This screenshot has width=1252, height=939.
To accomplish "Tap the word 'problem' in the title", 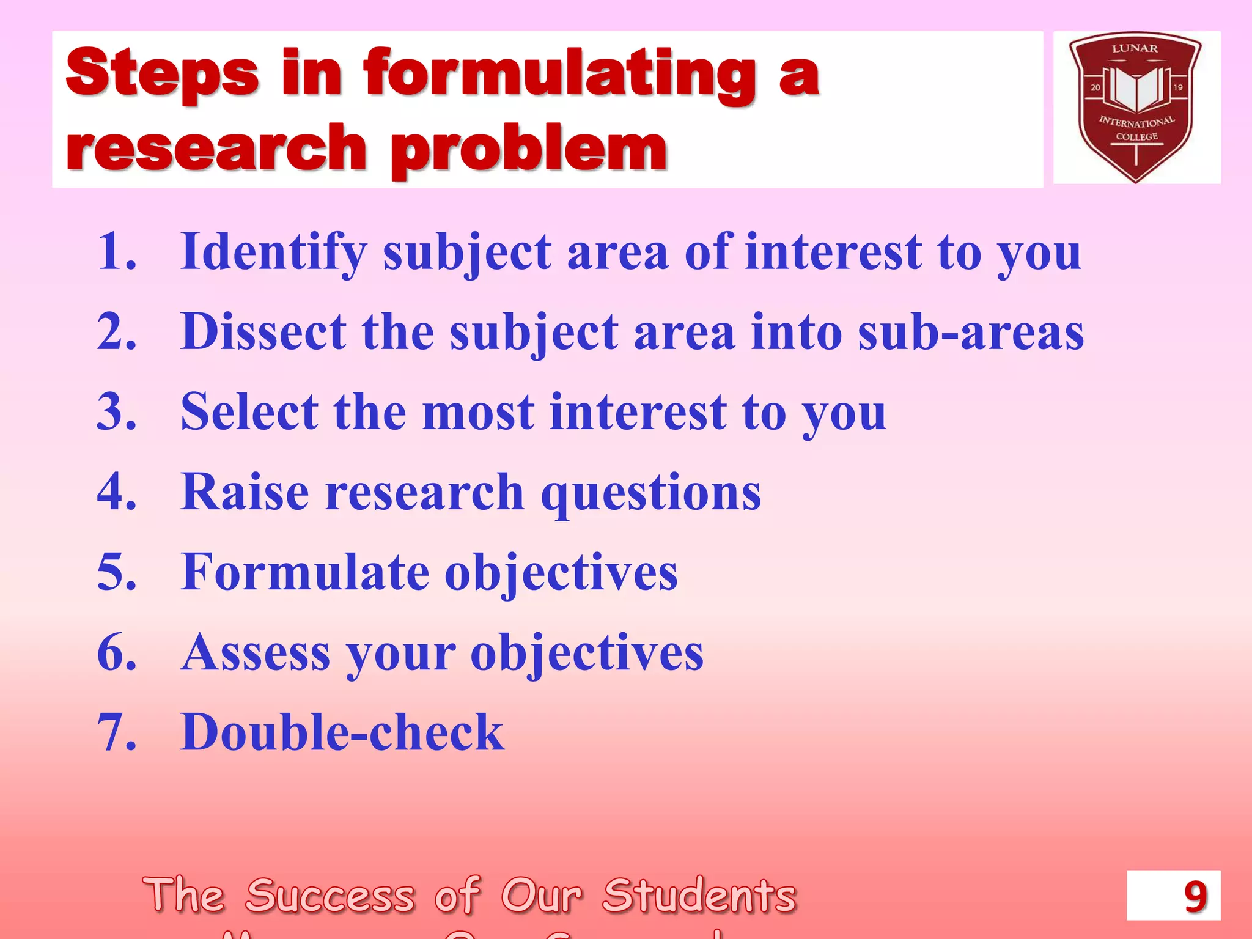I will (529, 149).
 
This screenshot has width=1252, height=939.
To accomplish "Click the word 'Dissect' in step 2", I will (263, 332).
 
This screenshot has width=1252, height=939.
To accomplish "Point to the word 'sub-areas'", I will (971, 332).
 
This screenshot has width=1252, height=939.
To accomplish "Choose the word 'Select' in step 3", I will (249, 412).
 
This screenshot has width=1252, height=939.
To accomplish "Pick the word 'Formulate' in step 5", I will (305, 572).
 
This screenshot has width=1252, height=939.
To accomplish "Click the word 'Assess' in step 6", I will (256, 652).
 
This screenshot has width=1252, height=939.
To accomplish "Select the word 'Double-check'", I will (342, 732).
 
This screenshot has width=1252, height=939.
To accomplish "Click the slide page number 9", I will (1195, 897).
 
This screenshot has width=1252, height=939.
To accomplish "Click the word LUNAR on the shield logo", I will (1135, 49).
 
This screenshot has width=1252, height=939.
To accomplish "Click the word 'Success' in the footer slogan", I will (330, 896).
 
